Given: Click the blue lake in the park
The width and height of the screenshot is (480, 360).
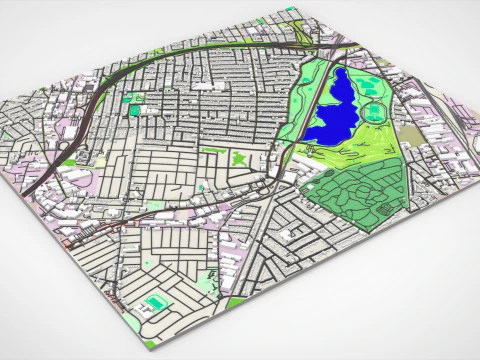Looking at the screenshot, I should click(335, 110).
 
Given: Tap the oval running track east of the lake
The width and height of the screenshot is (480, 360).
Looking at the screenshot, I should click(376, 112).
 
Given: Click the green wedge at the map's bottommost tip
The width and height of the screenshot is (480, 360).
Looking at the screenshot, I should click(150, 345).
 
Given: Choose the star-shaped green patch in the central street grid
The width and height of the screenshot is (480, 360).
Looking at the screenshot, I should click(239, 157).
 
